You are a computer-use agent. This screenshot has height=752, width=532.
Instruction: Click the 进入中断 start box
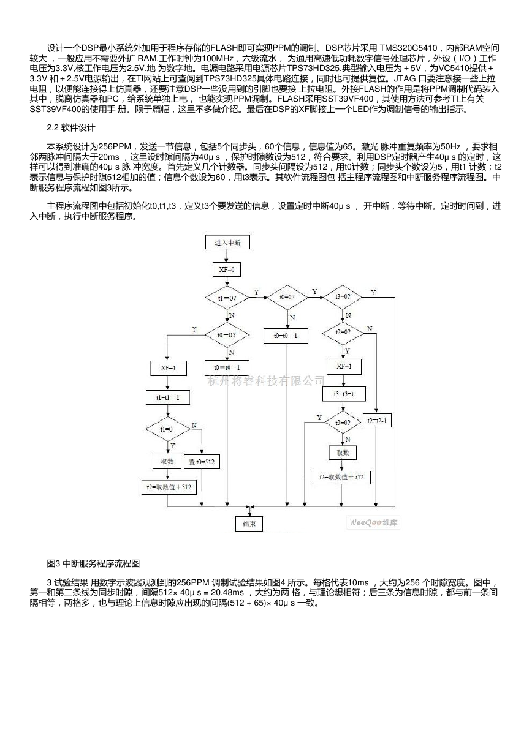click(x=227, y=243)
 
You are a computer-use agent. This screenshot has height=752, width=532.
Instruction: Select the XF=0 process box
click(x=227, y=269)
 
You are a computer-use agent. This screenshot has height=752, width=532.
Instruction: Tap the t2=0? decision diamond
click(x=343, y=333)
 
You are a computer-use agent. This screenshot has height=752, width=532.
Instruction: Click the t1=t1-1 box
click(x=168, y=397)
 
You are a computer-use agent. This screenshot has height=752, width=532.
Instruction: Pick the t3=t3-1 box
click(x=344, y=394)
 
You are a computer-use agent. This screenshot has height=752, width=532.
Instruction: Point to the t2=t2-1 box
click(x=377, y=421)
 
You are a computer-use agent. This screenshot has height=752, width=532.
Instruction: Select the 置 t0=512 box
click(x=202, y=462)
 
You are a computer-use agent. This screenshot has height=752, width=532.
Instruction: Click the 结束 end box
click(x=249, y=524)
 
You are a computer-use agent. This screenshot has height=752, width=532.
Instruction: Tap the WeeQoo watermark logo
click(x=374, y=523)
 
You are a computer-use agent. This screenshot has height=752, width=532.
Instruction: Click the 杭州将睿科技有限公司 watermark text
click(x=266, y=381)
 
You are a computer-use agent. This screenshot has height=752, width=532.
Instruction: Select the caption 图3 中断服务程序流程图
click(x=93, y=563)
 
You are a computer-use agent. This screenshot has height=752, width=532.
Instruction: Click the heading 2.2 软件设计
click(x=71, y=127)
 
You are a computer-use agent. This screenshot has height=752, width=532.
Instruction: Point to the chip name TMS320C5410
click(x=408, y=48)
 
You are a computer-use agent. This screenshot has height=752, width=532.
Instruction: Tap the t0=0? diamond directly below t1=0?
click(x=227, y=335)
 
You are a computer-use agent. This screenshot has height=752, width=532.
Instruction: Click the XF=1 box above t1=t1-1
click(x=169, y=368)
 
